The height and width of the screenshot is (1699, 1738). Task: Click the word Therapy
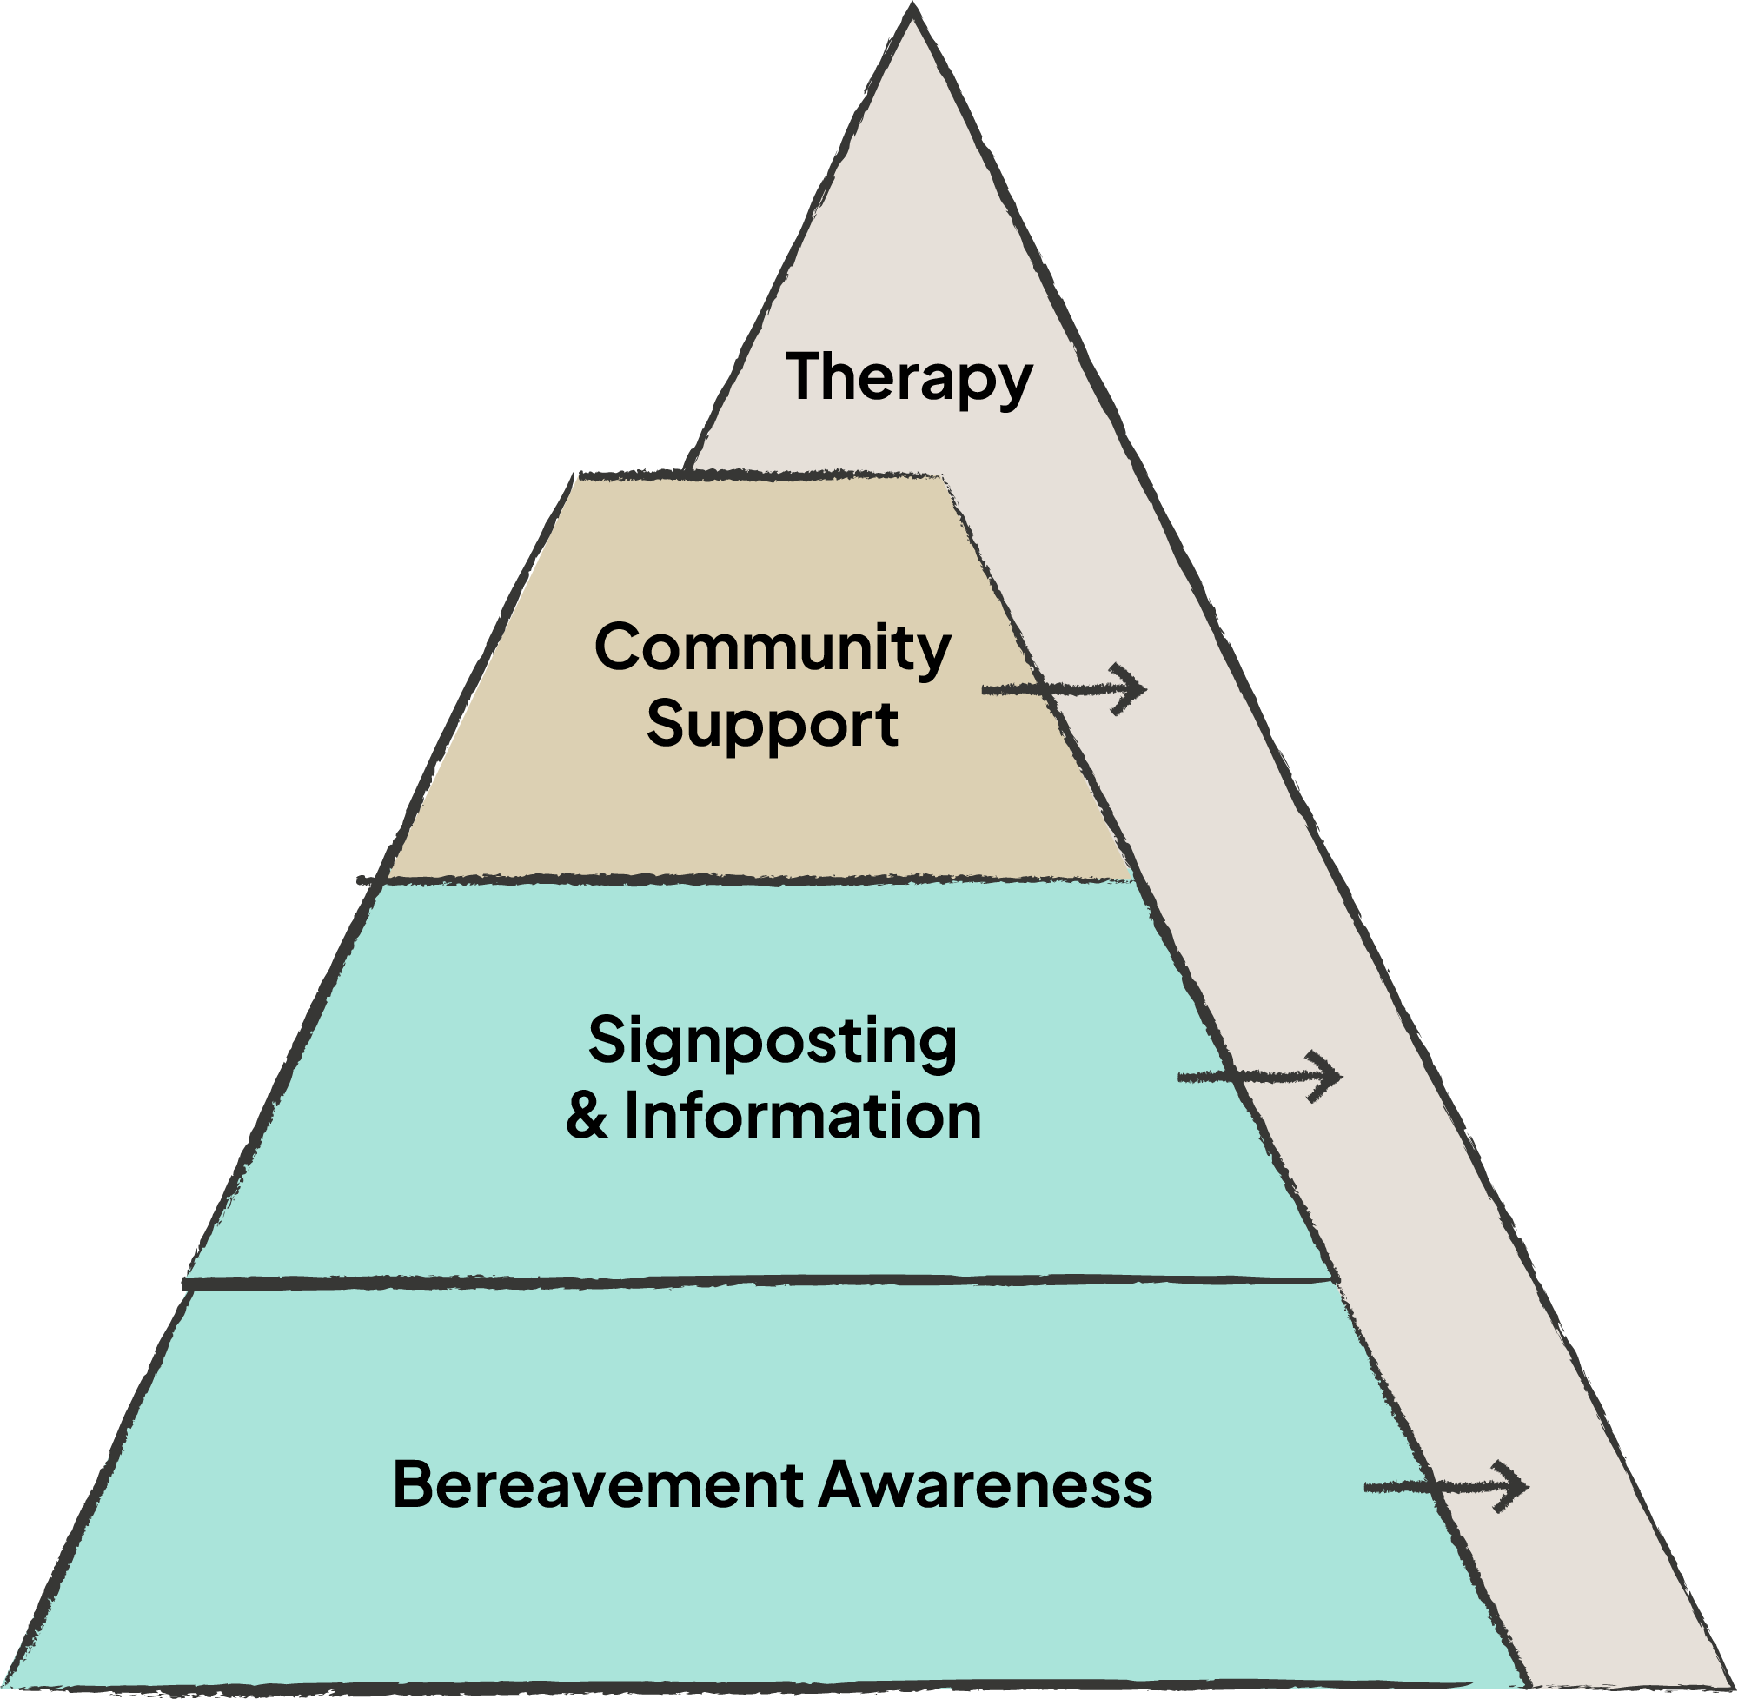pyautogui.click(x=909, y=377)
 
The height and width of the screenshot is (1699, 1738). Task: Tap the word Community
pyautogui.click(x=773, y=648)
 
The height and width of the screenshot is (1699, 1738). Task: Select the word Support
pyautogui.click(x=773, y=724)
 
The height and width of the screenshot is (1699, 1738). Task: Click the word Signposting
pyautogui.click(x=773, y=1041)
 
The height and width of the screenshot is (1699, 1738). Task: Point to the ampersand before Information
pyautogui.click(x=587, y=1118)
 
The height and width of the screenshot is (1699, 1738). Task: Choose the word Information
pyautogui.click(x=803, y=1117)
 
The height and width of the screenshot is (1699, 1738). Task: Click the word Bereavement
pyautogui.click(x=598, y=1485)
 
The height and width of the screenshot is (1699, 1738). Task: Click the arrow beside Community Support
pyautogui.click(x=1064, y=689)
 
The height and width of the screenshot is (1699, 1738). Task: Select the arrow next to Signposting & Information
pyautogui.click(x=1260, y=1077)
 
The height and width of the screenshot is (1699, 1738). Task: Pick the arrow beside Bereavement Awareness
pyautogui.click(x=1446, y=1487)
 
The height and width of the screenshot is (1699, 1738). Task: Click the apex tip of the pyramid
pyautogui.click(x=912, y=10)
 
